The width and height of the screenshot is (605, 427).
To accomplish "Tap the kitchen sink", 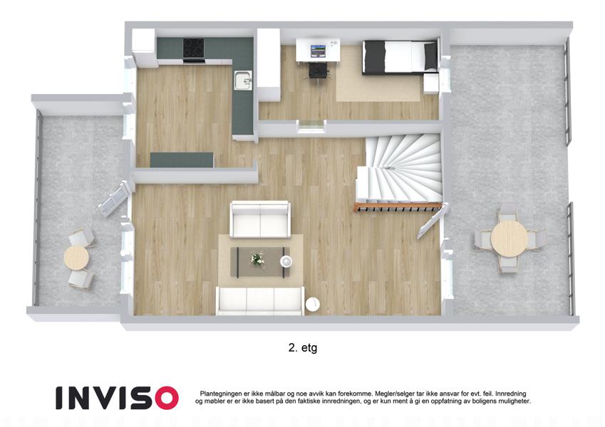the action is click(243, 80).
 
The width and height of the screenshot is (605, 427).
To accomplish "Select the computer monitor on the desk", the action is click(319, 51).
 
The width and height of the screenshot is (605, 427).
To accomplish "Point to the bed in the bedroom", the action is click(400, 56).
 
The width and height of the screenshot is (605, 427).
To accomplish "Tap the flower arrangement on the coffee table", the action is click(257, 259).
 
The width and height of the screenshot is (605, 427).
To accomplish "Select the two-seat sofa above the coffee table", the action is click(260, 219).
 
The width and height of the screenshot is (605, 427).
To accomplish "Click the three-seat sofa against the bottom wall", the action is click(260, 300).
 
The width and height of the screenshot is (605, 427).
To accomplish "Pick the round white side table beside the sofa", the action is click(312, 304).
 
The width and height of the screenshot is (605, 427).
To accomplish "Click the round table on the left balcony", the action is click(76, 257).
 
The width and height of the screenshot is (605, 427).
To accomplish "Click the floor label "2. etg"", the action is click(302, 348).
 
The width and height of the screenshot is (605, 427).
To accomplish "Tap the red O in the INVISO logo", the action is click(164, 398).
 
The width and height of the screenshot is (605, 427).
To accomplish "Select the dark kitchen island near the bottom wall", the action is click(181, 160).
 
